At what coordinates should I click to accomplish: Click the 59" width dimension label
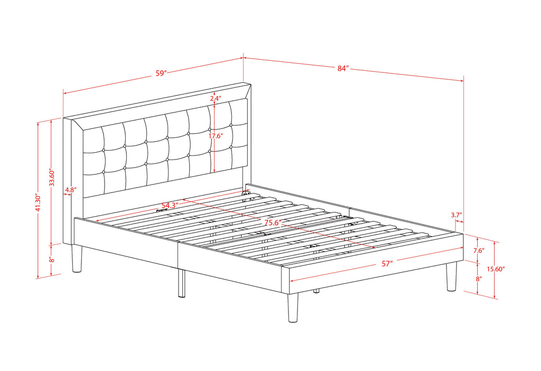pyautogui.click(x=161, y=73)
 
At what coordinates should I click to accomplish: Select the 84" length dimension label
pyautogui.click(x=343, y=68)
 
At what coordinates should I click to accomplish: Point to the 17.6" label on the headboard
pyautogui.click(x=216, y=136)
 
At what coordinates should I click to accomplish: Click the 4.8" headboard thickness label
pyautogui.click(x=71, y=190)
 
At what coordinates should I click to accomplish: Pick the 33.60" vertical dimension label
pyautogui.click(x=52, y=178)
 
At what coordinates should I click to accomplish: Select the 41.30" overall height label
pyautogui.click(x=38, y=203)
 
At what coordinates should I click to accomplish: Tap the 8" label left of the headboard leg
pyautogui.click(x=52, y=259)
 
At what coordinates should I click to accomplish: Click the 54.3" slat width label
pyautogui.click(x=170, y=206)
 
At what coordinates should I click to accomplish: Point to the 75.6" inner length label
pyautogui.click(x=273, y=222)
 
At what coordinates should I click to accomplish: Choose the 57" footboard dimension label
pyautogui.click(x=387, y=264)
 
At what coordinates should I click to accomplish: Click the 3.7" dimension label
pyautogui.click(x=456, y=215)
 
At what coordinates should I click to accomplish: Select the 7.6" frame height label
pyautogui.click(x=479, y=251)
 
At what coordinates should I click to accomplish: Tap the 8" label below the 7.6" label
pyautogui.click(x=479, y=279)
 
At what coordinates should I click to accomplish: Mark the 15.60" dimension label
pyautogui.click(x=496, y=269)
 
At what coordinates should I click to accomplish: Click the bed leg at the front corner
pyautogui.click(x=293, y=308)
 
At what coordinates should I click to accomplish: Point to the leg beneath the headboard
pyautogui.click(x=77, y=258)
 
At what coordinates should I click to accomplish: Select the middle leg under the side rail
pyautogui.click(x=182, y=283)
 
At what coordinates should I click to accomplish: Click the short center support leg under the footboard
pyautogui.click(x=316, y=291)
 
